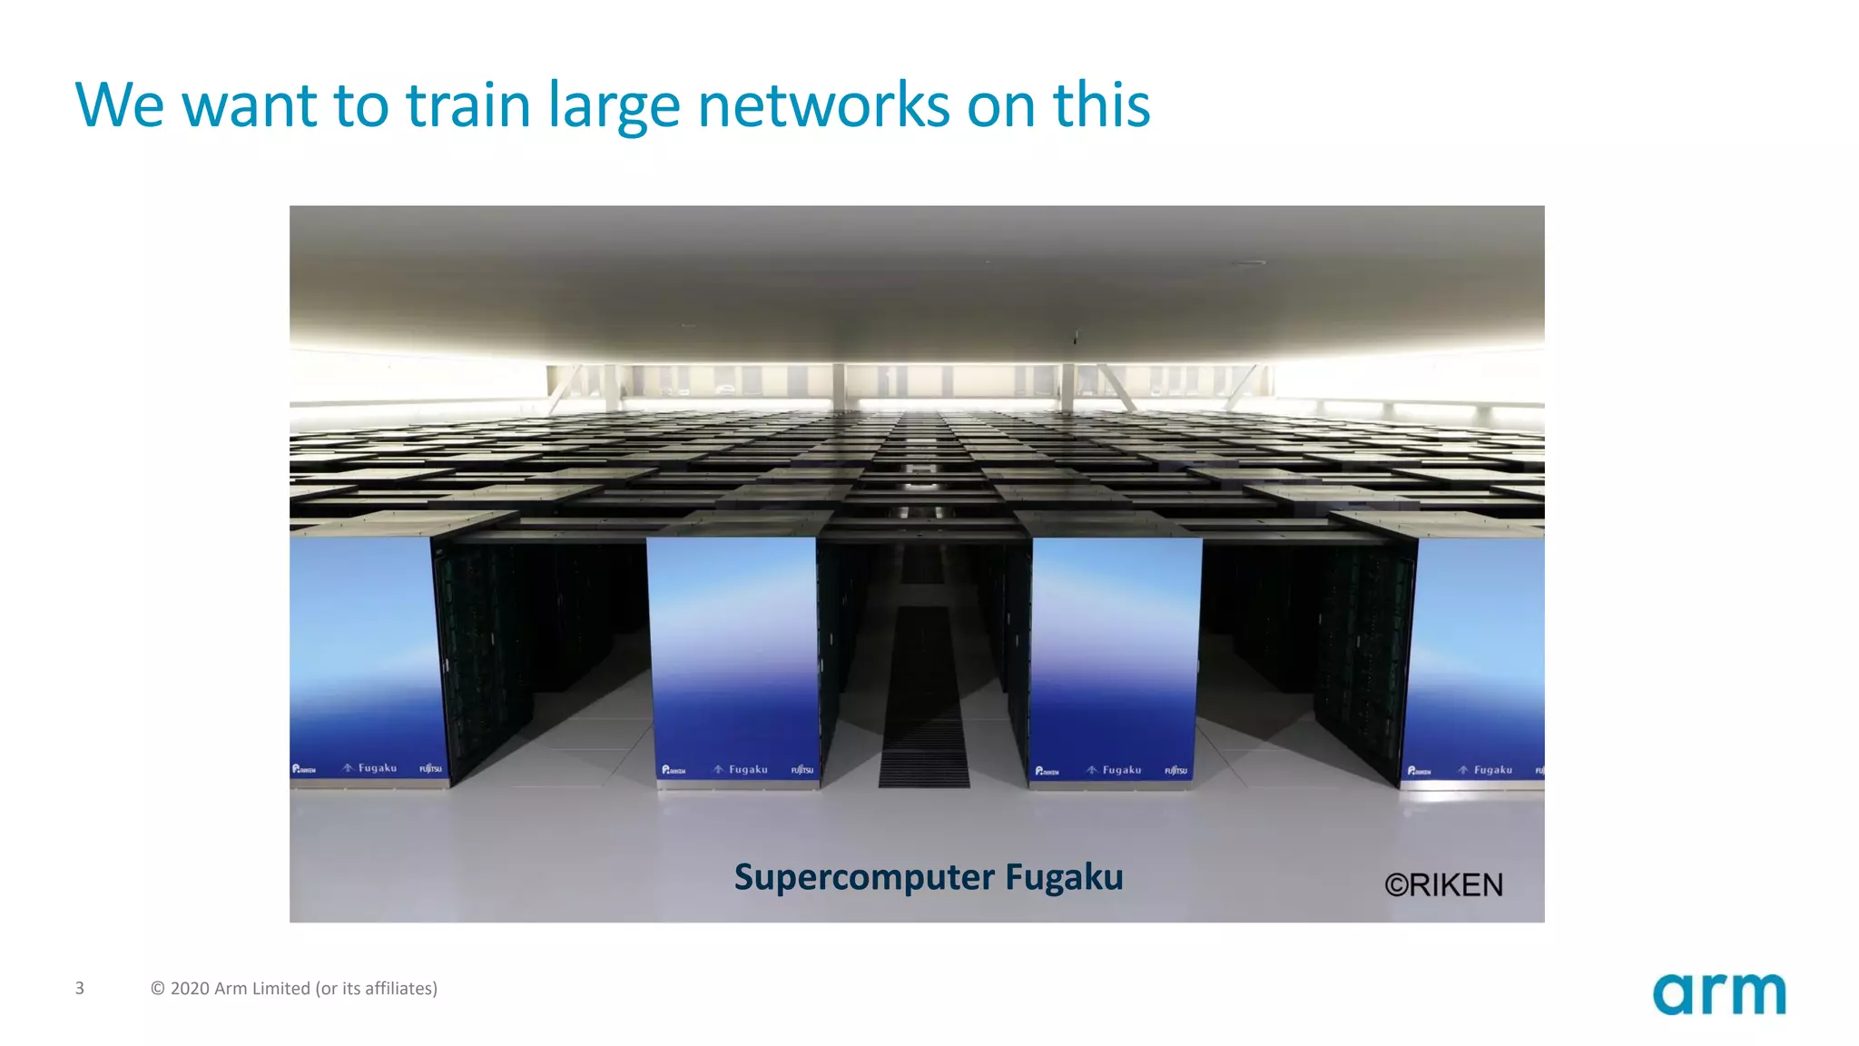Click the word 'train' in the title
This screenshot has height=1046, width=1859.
tap(467, 105)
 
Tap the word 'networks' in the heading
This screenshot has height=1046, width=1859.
tap(823, 105)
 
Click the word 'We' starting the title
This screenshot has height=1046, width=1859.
tap(119, 105)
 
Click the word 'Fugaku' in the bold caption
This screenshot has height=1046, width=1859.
tap(1064, 878)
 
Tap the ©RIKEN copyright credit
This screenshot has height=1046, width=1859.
tap(1443, 884)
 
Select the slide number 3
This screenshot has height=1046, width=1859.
tap(80, 988)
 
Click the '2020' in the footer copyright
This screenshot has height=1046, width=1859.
tap(190, 988)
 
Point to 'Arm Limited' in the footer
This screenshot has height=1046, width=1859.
tap(261, 988)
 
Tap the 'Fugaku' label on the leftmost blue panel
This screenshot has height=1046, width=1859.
tap(377, 768)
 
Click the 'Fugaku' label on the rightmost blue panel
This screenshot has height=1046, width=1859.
tap(1492, 770)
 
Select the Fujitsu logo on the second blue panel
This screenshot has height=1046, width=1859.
tap(802, 770)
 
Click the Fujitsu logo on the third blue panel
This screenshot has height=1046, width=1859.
tap(1175, 771)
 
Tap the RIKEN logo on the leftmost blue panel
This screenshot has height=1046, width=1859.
tap(303, 769)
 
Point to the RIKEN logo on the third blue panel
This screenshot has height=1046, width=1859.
tap(1047, 771)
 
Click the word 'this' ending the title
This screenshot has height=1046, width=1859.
tap(1101, 105)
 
